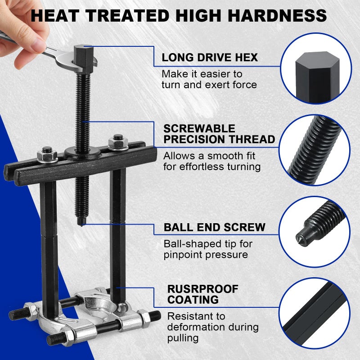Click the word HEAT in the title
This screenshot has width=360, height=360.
55,16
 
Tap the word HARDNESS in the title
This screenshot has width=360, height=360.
277,16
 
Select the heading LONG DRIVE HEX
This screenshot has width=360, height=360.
210,58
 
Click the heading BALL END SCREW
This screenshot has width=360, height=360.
215,227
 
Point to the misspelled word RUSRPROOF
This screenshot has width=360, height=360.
203,289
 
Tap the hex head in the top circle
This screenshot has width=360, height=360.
317,77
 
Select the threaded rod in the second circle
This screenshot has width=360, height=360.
315,150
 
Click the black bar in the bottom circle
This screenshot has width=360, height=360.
315,315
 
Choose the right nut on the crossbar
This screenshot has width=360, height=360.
118,142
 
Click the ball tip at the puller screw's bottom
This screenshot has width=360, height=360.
82,222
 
